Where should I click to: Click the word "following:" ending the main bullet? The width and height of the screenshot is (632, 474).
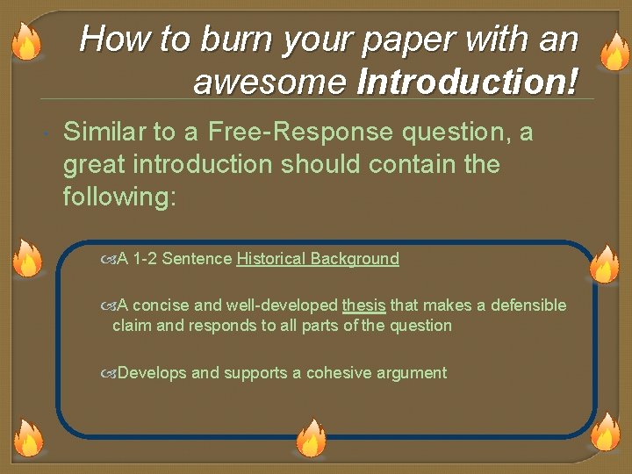[x=119, y=196]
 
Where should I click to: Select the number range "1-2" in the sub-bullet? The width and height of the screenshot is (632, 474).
[x=146, y=259]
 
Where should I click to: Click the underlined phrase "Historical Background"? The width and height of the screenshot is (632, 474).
[x=318, y=259]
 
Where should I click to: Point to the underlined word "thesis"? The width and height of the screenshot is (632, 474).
[x=363, y=305]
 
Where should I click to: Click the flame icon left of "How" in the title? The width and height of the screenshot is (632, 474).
[x=26, y=40]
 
